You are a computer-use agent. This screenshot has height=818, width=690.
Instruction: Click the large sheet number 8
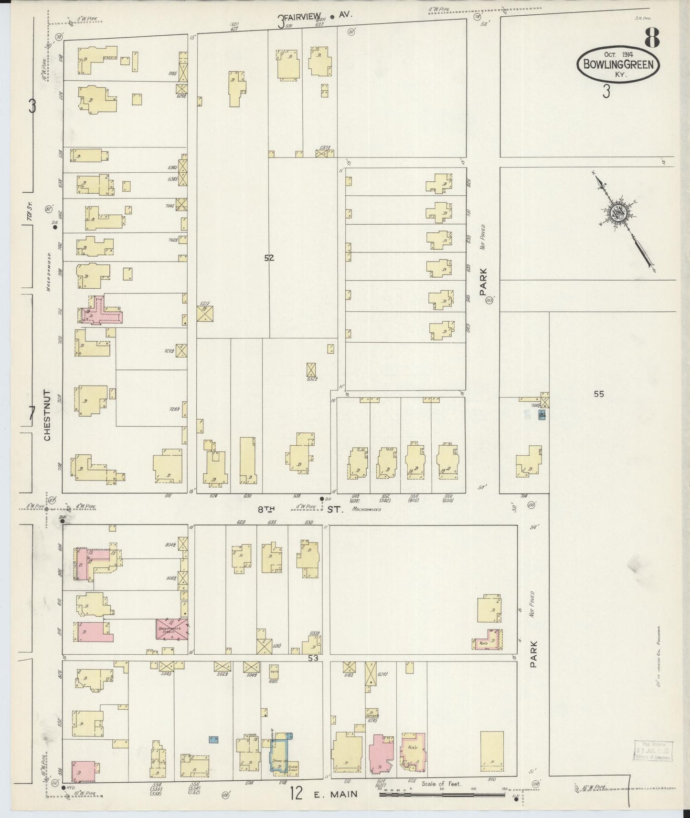click(x=652, y=38)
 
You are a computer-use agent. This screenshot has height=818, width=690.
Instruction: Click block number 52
click(x=269, y=258)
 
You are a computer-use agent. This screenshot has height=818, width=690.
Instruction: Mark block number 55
click(x=599, y=394)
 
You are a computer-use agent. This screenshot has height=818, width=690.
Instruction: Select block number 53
click(x=313, y=658)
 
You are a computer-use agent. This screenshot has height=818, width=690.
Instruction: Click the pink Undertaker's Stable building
click(x=171, y=629)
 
